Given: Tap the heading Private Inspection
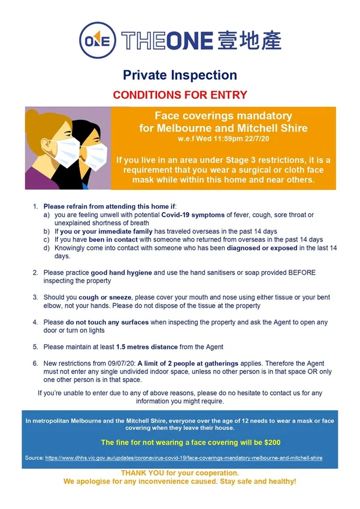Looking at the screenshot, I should [180, 76].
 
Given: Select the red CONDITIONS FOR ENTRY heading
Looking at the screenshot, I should [180, 95].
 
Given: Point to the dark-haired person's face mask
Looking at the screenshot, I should [94, 155].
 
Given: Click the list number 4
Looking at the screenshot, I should [35, 322].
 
